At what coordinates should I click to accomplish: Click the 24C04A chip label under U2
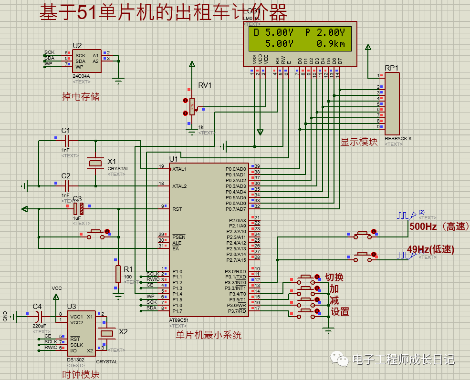click(81, 76)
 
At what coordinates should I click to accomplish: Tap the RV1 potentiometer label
click(205, 85)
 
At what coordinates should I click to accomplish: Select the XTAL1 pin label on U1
click(180, 169)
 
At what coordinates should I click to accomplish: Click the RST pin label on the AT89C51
click(177, 209)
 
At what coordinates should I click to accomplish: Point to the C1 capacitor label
click(66, 130)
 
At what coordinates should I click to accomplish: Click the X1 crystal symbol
click(95, 164)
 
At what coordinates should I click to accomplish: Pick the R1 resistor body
click(118, 274)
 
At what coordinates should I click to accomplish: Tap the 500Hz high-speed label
click(423, 227)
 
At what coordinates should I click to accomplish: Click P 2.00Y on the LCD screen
click(324, 32)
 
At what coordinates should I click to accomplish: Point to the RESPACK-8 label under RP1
click(398, 139)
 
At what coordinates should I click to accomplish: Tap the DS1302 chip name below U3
click(76, 359)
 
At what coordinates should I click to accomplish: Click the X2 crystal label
click(123, 331)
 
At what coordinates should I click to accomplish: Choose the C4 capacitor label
click(37, 306)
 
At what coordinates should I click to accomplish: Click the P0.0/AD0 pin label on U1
click(236, 169)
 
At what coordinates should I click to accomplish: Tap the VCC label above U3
click(57, 288)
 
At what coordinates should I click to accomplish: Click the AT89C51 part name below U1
click(179, 320)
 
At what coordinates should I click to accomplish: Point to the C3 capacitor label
click(77, 198)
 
